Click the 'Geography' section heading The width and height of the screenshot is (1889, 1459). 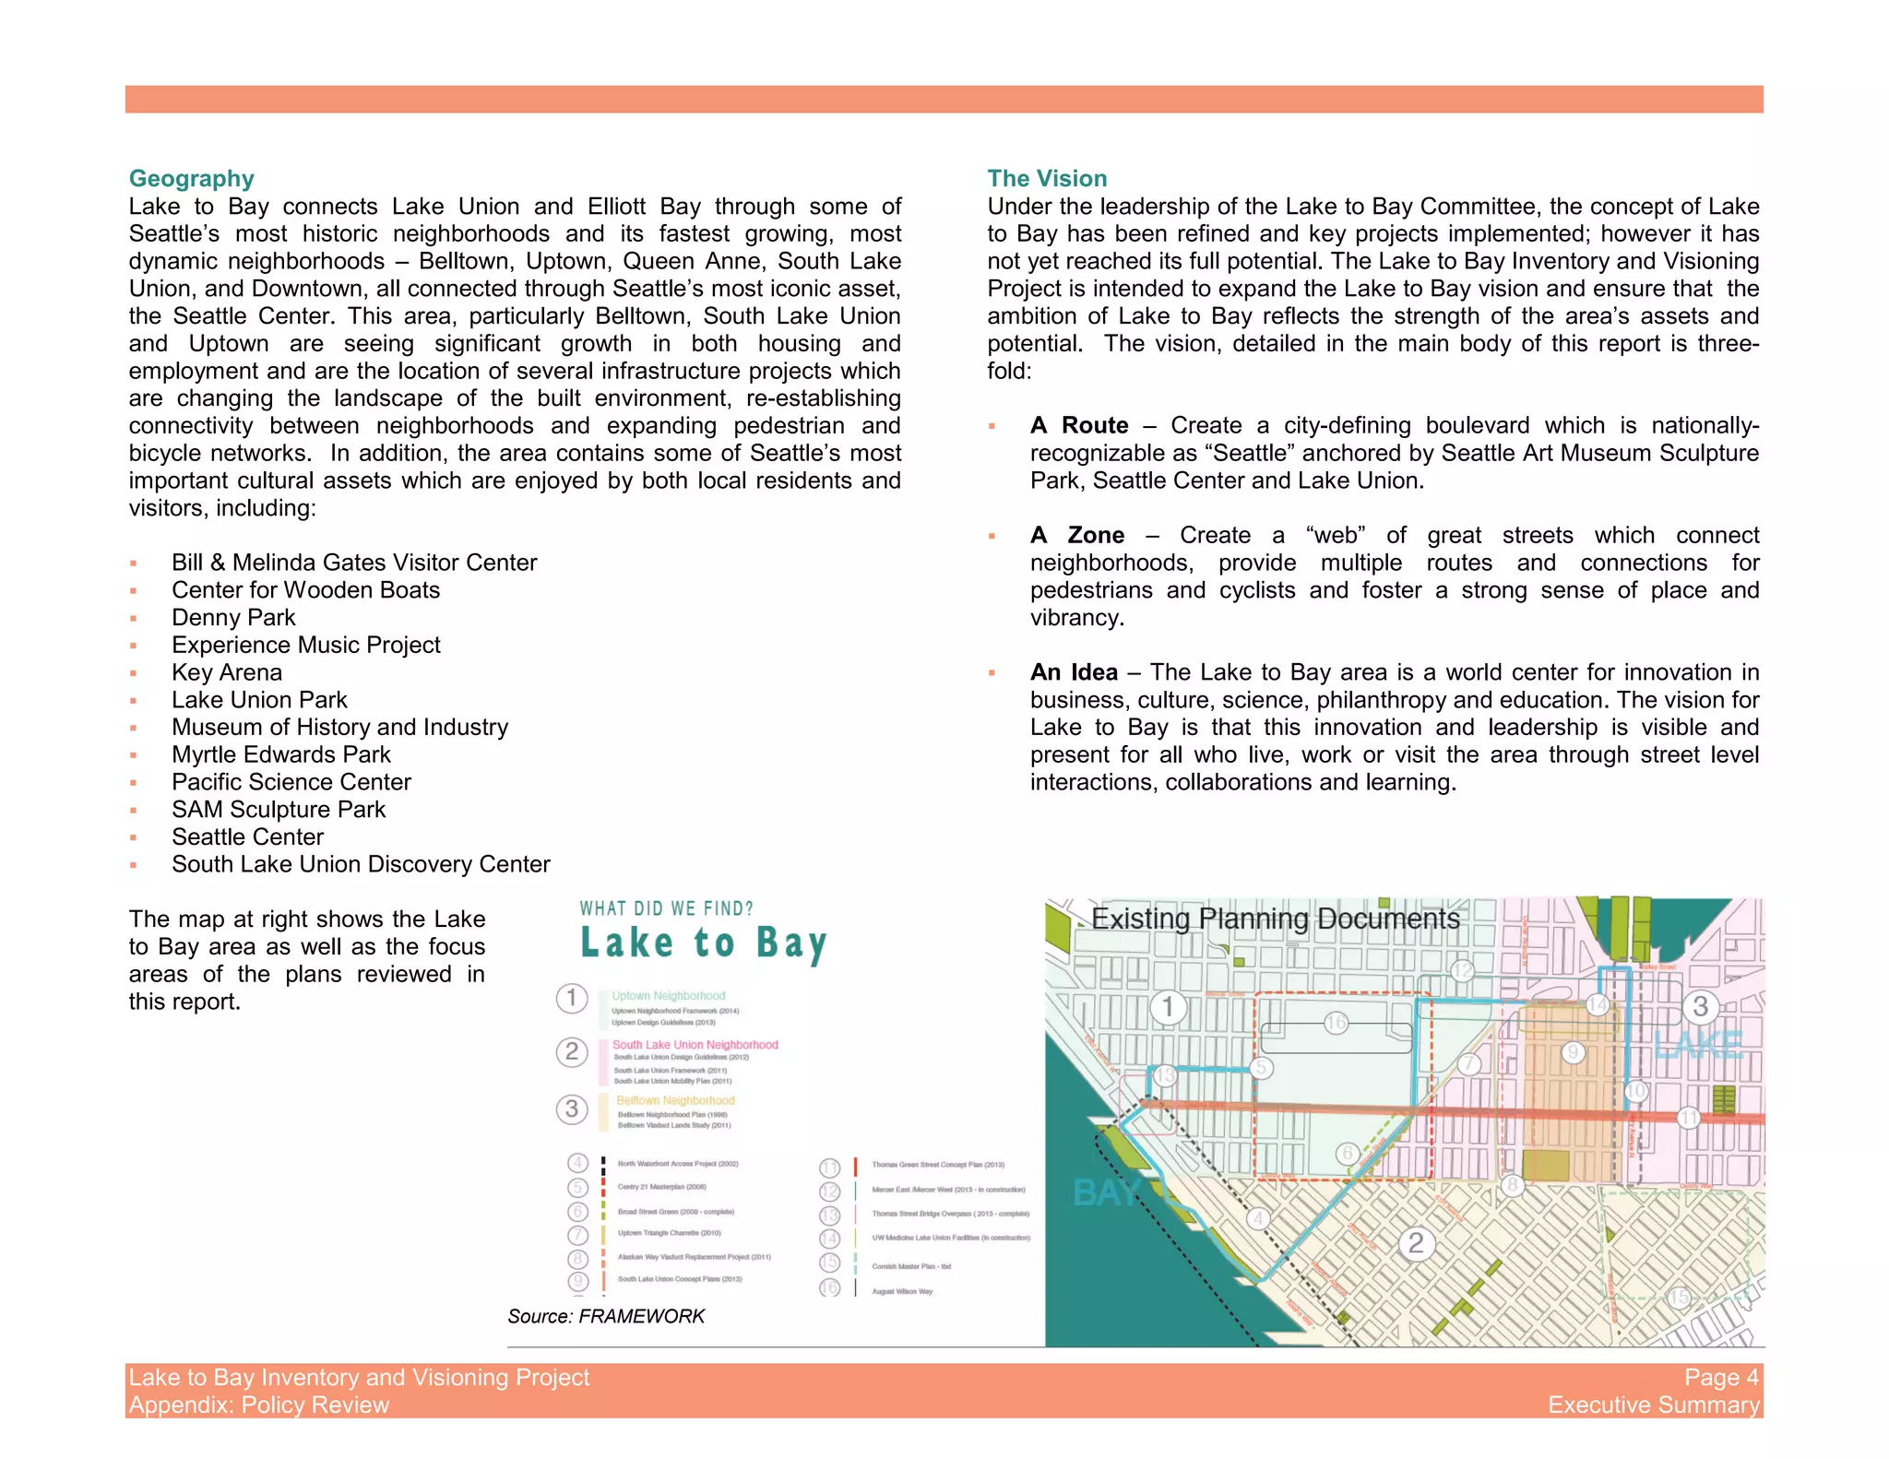click(x=191, y=178)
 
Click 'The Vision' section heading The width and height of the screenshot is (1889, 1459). click(x=1047, y=178)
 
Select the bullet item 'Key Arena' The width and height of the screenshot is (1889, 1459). click(x=226, y=672)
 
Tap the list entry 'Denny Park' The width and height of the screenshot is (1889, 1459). click(x=233, y=617)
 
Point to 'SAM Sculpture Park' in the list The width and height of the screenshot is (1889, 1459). click(x=278, y=809)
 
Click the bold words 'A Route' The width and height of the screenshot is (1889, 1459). click(x=1079, y=425)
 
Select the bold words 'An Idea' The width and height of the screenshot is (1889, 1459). click(x=1074, y=672)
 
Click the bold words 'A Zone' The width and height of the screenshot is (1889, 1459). click(x=1077, y=535)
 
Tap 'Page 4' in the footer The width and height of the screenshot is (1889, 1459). click(x=1720, y=1377)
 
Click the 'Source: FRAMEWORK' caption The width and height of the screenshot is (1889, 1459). click(x=605, y=1316)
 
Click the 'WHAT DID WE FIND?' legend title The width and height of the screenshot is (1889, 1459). click(x=666, y=908)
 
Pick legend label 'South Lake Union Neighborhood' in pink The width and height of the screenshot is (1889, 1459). click(x=695, y=1045)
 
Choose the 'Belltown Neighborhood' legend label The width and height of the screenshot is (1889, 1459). click(x=675, y=1100)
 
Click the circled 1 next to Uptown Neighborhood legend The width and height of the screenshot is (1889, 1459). click(x=572, y=998)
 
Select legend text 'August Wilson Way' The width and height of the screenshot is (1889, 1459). click(x=901, y=1291)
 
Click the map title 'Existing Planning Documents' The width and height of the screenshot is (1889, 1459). click(x=1275, y=919)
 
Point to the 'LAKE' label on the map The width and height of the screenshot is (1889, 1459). click(x=1697, y=1046)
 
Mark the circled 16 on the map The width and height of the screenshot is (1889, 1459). click(x=1336, y=1022)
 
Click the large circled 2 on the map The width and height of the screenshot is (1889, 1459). click(x=1416, y=1243)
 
